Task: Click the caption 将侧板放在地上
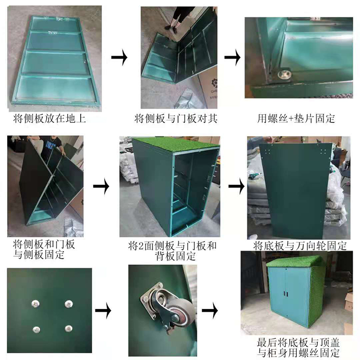point(49,119)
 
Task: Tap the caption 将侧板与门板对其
point(176,119)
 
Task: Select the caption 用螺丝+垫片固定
point(296,119)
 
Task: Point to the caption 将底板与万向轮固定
point(300,246)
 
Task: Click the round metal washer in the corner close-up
point(284,74)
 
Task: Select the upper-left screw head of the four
point(36,304)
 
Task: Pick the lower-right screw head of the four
point(69,328)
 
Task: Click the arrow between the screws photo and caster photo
point(103,311)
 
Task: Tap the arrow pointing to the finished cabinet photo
point(210,311)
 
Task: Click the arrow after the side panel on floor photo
point(120,57)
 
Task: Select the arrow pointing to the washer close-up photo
point(232,57)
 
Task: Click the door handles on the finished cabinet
point(286,294)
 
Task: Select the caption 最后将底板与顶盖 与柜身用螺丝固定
point(298,348)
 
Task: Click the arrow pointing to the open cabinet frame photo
point(101,186)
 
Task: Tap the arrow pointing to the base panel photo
point(237,186)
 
